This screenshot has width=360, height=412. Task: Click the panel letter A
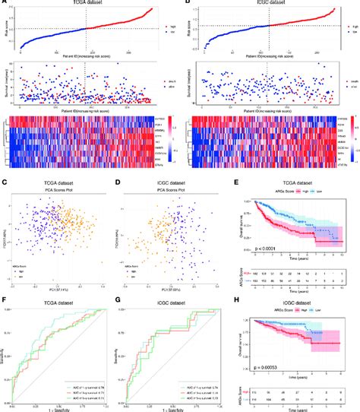click(x=4, y=4)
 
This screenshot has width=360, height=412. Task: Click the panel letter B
click(x=186, y=4)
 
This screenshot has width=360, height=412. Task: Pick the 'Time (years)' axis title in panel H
click(x=298, y=377)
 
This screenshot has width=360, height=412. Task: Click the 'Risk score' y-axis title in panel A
click(x=6, y=30)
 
